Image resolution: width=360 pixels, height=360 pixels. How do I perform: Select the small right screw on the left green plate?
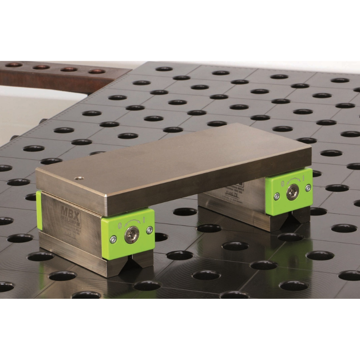[149, 229]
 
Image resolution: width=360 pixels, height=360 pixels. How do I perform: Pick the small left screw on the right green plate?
[277, 196]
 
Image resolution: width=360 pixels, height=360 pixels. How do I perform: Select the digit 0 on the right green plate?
[282, 183]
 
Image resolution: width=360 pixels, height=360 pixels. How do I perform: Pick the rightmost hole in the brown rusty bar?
[96, 71]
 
